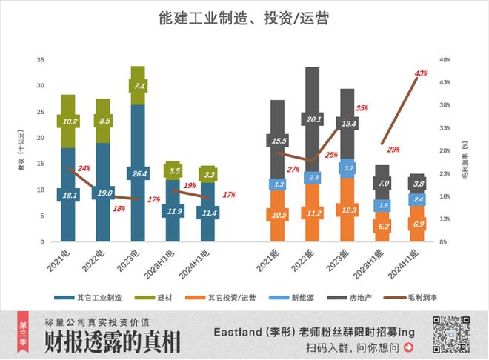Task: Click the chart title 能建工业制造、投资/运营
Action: (x=244, y=18)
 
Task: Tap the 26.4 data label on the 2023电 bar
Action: (x=138, y=175)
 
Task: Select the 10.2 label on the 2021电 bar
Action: (x=68, y=121)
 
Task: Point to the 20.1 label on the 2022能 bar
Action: (x=313, y=119)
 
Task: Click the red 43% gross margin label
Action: (x=422, y=73)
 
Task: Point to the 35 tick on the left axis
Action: (x=41, y=59)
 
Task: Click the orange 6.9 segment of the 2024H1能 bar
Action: (x=418, y=224)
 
